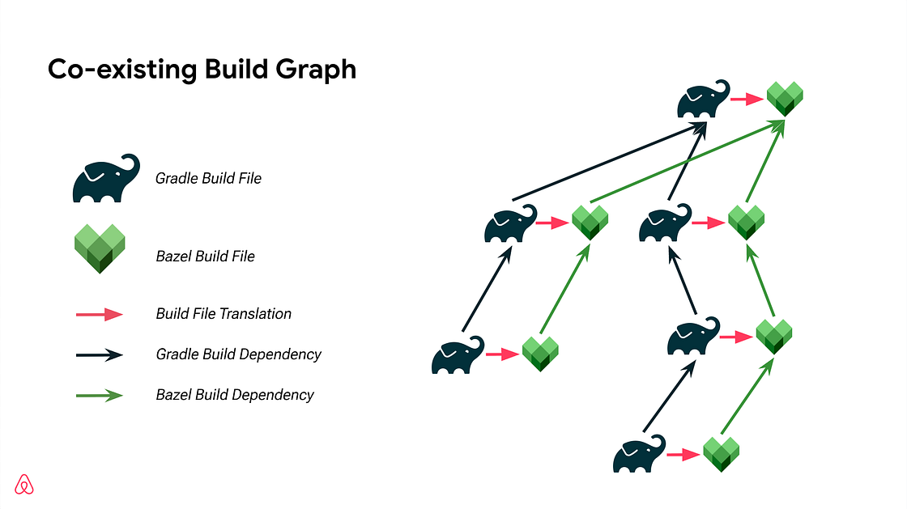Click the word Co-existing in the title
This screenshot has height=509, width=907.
(x=119, y=70)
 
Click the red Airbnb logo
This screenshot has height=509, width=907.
(x=25, y=484)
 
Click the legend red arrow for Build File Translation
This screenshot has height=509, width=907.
(x=100, y=314)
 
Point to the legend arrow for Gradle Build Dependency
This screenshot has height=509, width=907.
(x=100, y=354)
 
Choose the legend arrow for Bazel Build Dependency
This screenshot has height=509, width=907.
(x=100, y=395)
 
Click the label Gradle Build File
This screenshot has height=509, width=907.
(x=208, y=178)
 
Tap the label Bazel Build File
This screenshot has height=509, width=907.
(x=205, y=257)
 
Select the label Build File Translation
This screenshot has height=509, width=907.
(x=224, y=314)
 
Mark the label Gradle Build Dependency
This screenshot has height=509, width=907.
(x=238, y=354)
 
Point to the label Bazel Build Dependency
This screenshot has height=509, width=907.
(x=235, y=395)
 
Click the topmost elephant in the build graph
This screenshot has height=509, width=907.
(x=701, y=101)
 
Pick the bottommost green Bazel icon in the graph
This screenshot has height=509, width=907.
(x=722, y=453)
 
